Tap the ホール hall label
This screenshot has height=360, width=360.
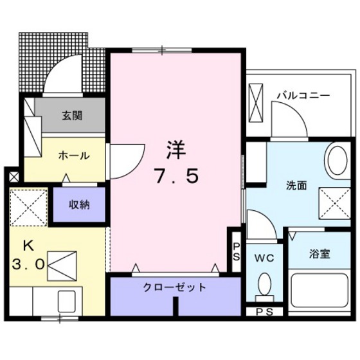(73, 156)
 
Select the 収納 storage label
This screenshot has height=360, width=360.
(80, 205)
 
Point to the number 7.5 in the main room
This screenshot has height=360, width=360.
(175, 175)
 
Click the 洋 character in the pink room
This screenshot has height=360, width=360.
(175, 150)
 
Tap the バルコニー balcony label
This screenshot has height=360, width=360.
(303, 95)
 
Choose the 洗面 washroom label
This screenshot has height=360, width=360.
(296, 185)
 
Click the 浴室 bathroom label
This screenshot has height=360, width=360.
(319, 254)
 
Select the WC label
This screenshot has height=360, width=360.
(265, 258)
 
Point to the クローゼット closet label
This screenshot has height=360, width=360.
(174, 287)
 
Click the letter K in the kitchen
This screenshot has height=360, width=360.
(28, 245)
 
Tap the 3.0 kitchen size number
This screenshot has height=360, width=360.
(27, 264)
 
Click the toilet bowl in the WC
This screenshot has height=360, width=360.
(264, 283)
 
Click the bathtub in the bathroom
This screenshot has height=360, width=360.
(319, 290)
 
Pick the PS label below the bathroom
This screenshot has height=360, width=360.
(264, 312)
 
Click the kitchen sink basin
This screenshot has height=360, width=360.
(66, 300)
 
